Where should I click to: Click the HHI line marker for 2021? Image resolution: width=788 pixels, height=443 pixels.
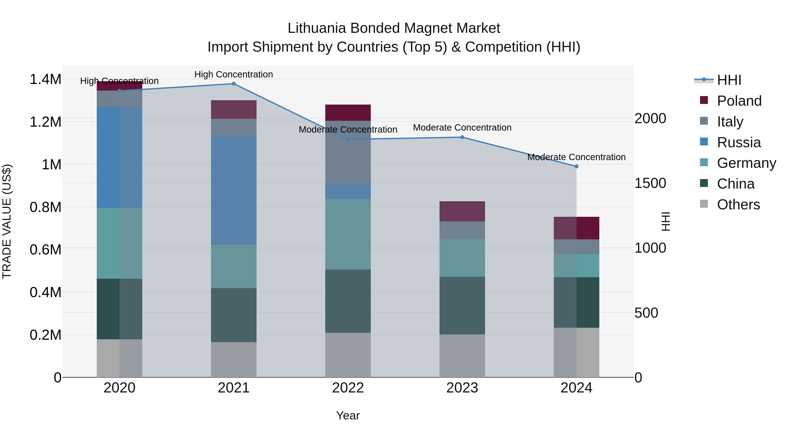click(x=234, y=84)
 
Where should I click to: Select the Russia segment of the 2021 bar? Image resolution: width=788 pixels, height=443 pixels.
click(x=234, y=190)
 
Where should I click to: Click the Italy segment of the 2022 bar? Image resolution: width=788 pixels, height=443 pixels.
click(x=348, y=152)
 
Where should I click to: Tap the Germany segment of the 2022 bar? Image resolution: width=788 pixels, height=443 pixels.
click(x=348, y=234)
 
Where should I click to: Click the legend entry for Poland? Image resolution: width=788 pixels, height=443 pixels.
click(x=739, y=101)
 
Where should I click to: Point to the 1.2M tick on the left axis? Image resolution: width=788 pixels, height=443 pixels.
click(x=45, y=122)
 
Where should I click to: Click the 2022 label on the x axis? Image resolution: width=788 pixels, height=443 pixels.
click(x=348, y=388)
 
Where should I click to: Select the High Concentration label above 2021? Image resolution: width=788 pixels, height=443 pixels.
click(x=234, y=74)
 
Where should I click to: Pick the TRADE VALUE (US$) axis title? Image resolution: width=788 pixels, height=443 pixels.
click(x=7, y=221)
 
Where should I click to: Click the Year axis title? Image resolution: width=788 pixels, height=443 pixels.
click(x=348, y=415)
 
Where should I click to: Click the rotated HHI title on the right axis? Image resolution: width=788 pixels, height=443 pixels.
click(x=666, y=221)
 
